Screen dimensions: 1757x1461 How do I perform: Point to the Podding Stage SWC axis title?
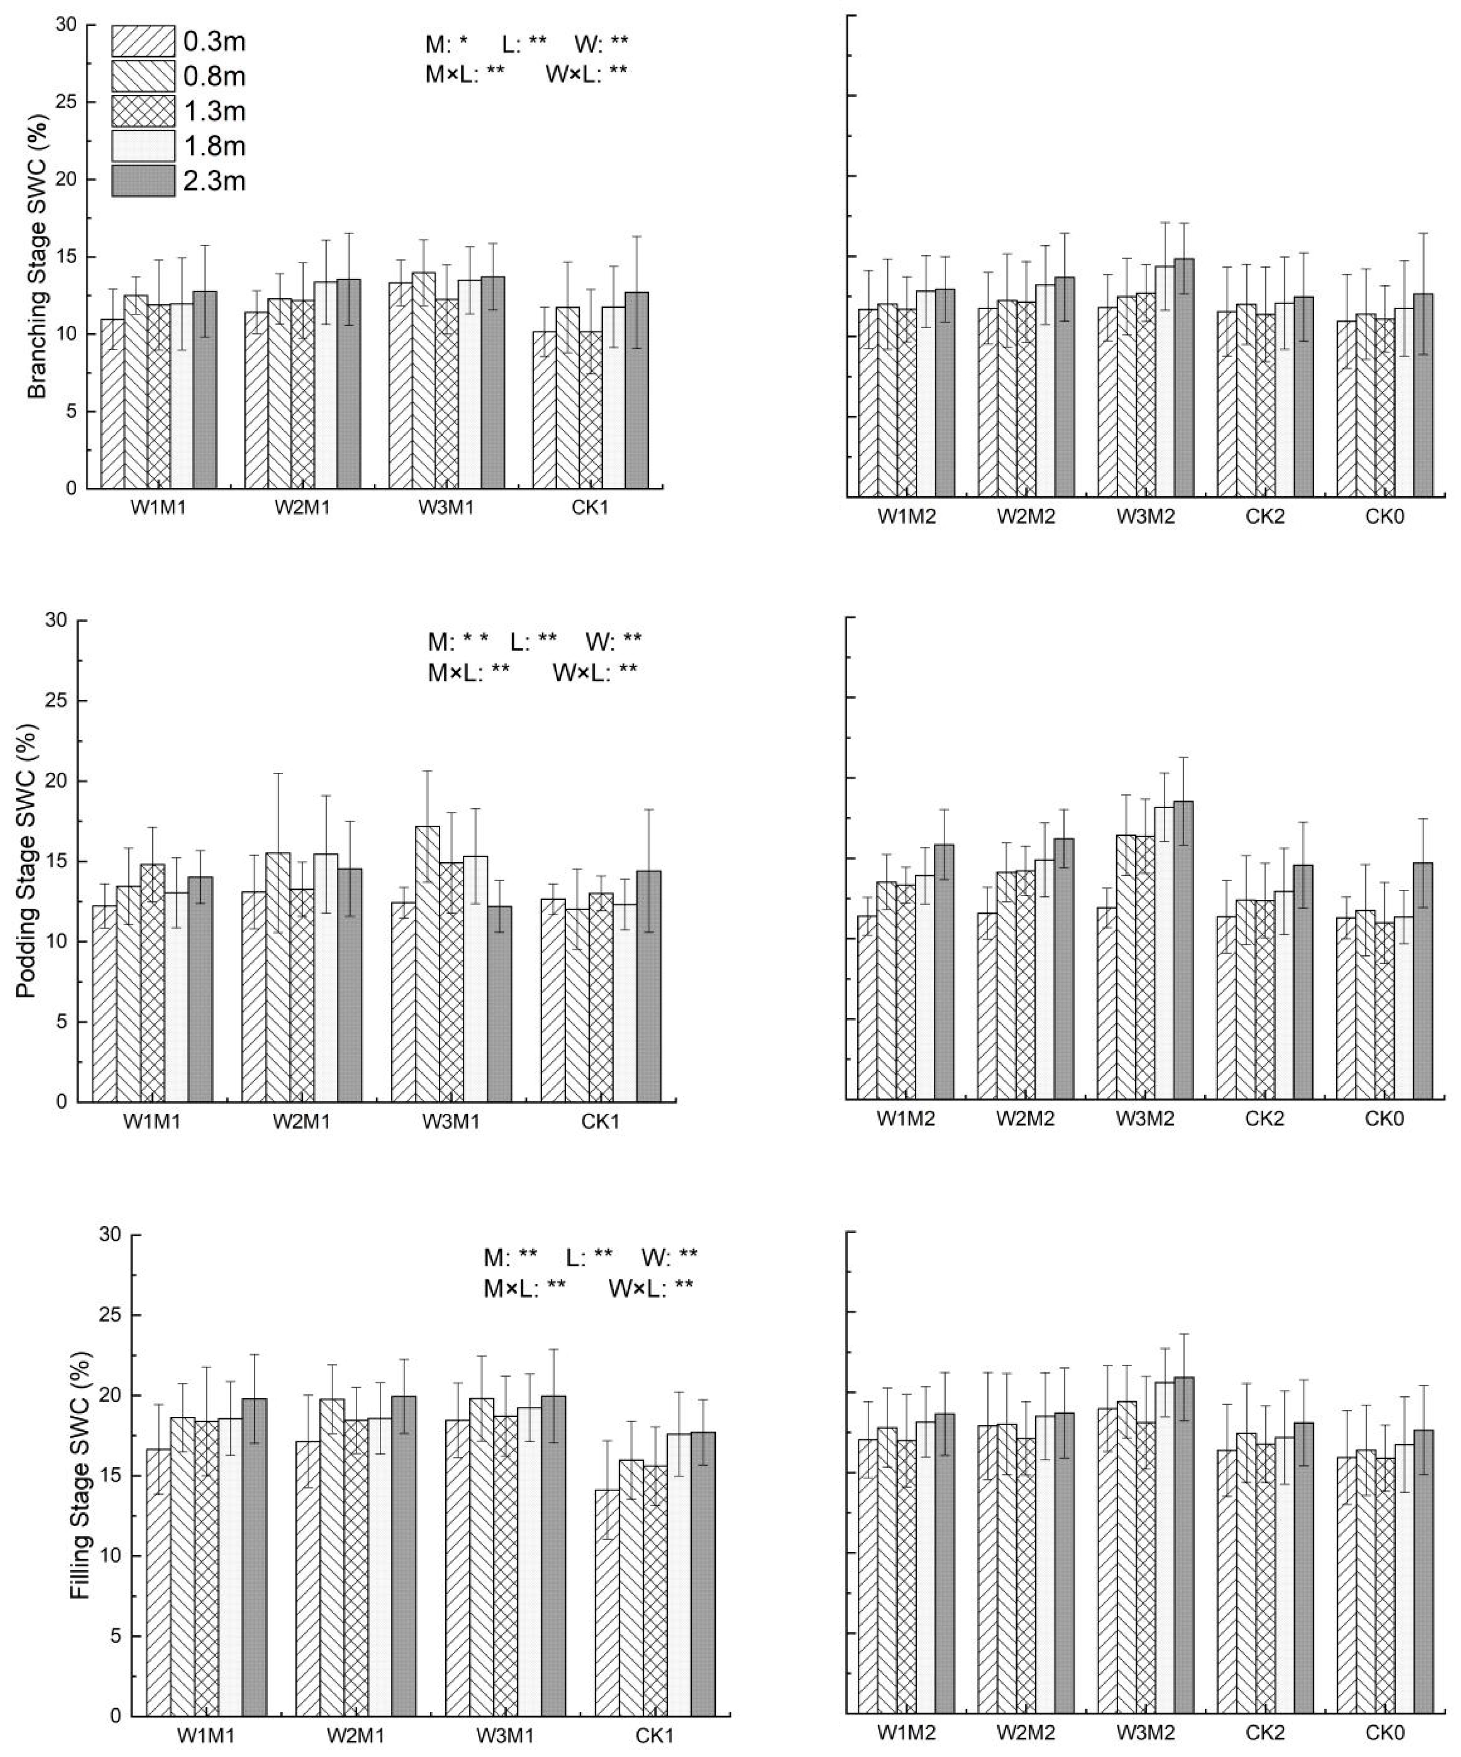point(27,862)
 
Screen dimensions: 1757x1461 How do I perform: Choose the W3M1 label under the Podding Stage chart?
point(452,1121)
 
